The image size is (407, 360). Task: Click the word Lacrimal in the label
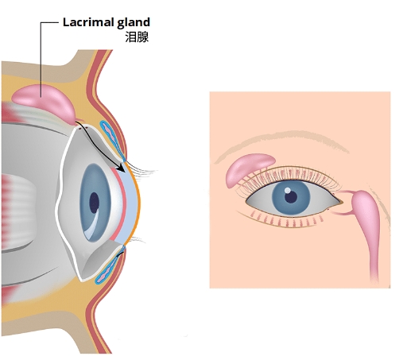click(x=88, y=22)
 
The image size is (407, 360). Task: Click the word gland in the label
click(x=134, y=23)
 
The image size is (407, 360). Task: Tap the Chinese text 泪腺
click(x=137, y=37)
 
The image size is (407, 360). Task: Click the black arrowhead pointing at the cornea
click(x=121, y=168)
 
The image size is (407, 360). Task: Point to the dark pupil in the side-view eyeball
click(x=94, y=203)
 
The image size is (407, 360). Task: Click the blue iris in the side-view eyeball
click(x=95, y=203)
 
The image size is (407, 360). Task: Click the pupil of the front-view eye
click(x=291, y=196)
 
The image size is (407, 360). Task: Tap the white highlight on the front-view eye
click(x=287, y=190)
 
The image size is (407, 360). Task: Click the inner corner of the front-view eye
click(x=341, y=203)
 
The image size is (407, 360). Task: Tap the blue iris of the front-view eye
click(x=291, y=197)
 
